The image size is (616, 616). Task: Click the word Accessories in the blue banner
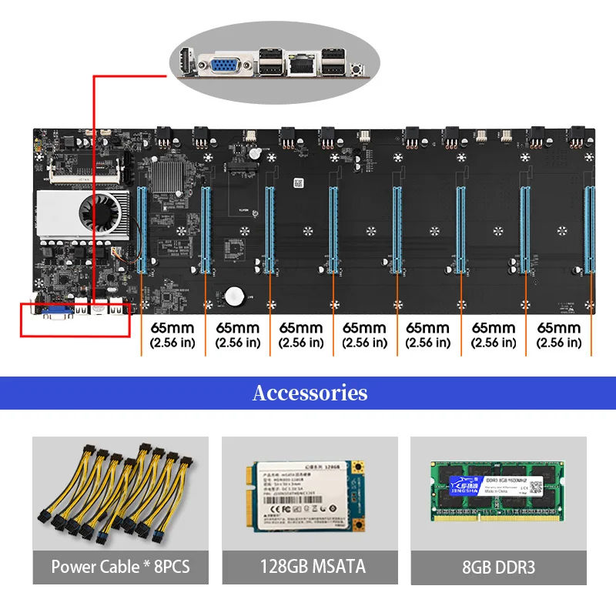point(310,393)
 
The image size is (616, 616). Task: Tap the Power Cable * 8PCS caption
point(120,567)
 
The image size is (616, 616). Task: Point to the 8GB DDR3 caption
point(497,567)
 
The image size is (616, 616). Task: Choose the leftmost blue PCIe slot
point(142,229)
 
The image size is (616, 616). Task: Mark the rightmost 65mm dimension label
point(559,335)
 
